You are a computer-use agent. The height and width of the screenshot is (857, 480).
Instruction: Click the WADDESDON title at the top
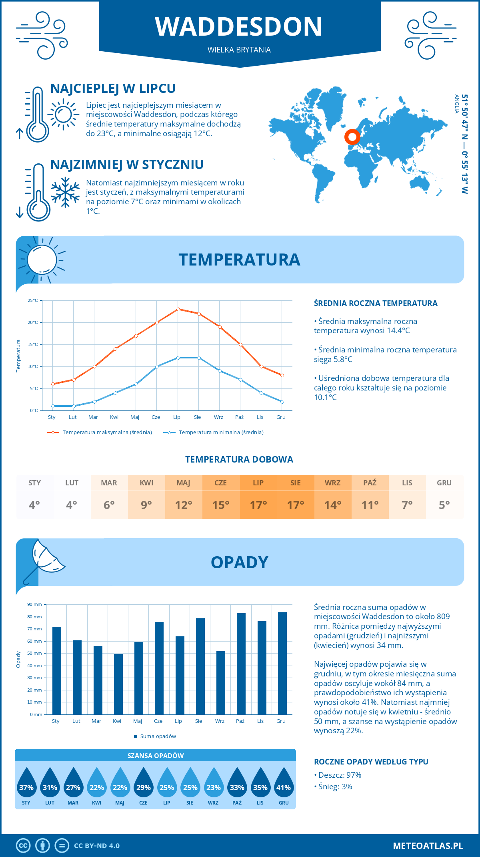click(239, 27)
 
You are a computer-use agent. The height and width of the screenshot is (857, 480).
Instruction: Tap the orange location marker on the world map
click(352, 137)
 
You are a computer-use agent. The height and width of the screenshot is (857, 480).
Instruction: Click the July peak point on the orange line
click(178, 309)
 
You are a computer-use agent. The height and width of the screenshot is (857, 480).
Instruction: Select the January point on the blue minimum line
click(53, 406)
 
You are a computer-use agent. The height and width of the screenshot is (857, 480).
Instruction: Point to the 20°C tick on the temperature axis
click(33, 322)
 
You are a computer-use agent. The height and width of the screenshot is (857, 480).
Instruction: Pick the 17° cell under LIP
click(258, 505)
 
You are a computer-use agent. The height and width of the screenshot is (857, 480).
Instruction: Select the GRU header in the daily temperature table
click(444, 483)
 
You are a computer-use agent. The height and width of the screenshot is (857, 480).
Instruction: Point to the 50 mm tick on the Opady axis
click(35, 653)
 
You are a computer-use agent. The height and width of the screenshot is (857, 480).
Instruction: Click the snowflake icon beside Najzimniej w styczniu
click(65, 192)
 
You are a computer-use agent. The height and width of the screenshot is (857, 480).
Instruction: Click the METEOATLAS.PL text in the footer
click(428, 846)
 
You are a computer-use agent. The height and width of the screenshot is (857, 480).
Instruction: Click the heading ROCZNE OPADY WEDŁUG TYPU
click(371, 762)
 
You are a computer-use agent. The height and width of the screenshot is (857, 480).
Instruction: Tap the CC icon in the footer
click(23, 846)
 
